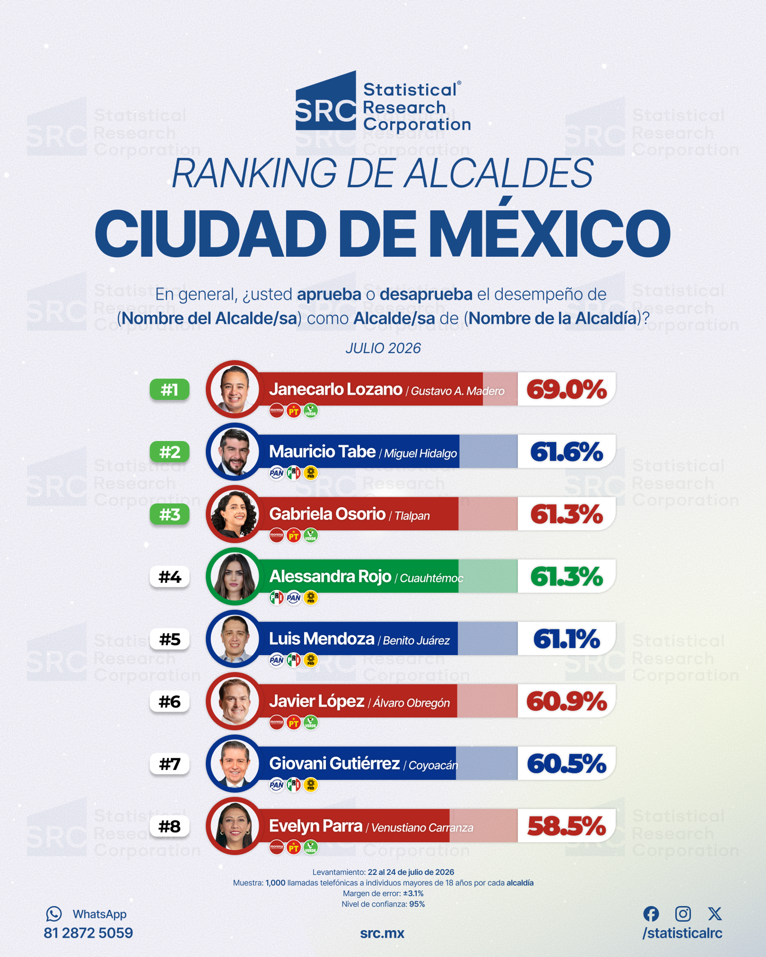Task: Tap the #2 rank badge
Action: (x=170, y=452)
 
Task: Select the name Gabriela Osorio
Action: (x=327, y=514)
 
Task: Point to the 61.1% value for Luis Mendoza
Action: (x=567, y=639)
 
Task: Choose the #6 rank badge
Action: (x=170, y=701)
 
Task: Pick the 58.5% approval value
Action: (x=567, y=826)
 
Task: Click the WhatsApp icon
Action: (x=54, y=914)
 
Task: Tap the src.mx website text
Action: (x=382, y=933)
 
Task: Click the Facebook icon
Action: (x=651, y=914)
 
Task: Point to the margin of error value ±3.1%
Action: (x=413, y=893)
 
